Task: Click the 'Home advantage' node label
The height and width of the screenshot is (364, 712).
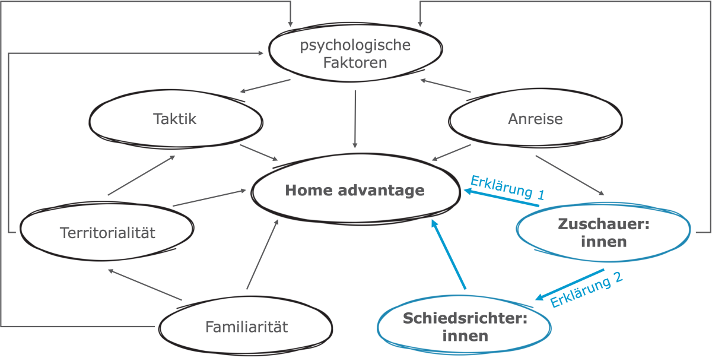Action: [354, 191]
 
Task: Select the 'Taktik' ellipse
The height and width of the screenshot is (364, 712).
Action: [176, 120]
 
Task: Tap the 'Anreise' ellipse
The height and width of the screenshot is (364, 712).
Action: [535, 120]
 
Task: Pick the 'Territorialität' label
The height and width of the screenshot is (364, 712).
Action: [107, 233]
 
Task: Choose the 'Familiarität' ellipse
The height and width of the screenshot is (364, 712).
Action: [246, 327]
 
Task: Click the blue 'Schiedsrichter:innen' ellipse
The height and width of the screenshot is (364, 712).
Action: [465, 327]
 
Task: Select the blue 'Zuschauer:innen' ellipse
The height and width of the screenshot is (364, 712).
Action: [603, 233]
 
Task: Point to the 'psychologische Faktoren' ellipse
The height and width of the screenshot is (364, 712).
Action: [355, 54]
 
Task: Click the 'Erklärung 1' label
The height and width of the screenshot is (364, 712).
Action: [507, 186]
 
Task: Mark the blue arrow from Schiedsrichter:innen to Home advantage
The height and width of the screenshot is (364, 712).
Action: [449, 255]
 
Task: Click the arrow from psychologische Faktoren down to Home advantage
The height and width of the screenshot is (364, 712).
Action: [355, 119]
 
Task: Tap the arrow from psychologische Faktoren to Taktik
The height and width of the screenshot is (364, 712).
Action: [265, 86]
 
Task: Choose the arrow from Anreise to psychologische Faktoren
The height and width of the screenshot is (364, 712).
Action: [445, 86]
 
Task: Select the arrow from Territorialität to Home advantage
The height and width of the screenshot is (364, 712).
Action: [209, 198]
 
